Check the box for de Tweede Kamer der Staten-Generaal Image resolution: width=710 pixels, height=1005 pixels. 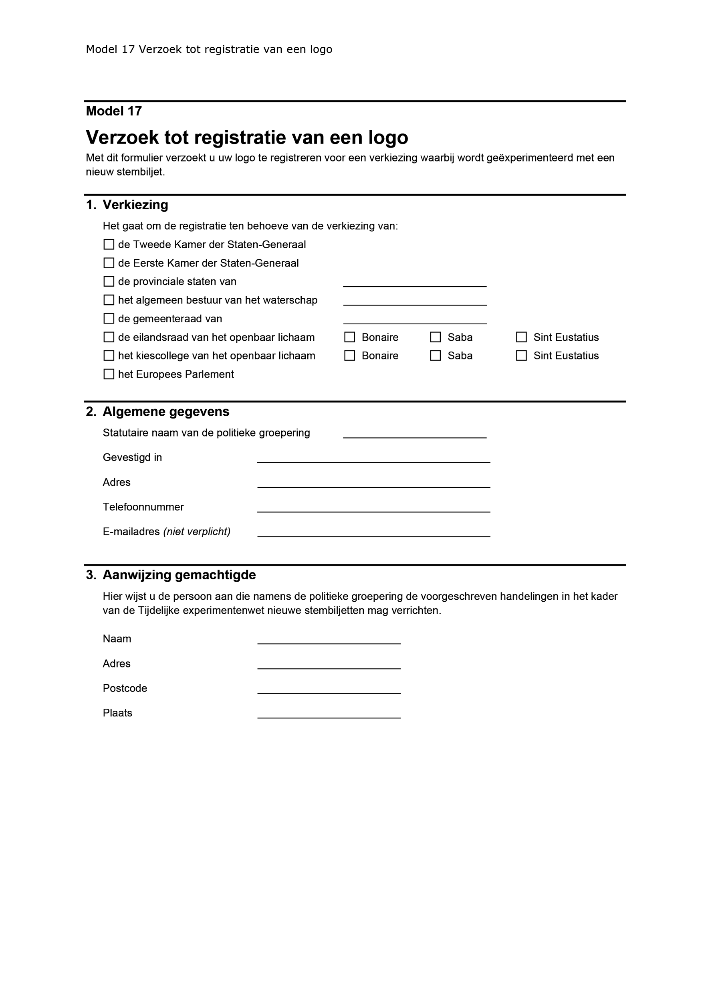[109, 244]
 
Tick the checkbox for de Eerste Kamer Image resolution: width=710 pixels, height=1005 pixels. [109, 263]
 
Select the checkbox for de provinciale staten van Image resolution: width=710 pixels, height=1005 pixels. [109, 281]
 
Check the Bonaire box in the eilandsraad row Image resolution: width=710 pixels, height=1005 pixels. [349, 337]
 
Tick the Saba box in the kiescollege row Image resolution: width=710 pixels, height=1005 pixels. [435, 356]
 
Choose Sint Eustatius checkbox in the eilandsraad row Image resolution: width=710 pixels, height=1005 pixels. [521, 337]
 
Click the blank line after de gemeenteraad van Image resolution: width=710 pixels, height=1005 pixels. [415, 319]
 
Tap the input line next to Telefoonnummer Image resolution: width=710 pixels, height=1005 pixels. [373, 508]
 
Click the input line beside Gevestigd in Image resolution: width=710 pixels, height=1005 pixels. [373, 458]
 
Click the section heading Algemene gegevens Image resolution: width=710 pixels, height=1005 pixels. [166, 411]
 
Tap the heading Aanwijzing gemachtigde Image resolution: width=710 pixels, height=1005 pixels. [179, 575]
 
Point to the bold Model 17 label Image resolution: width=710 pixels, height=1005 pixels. [114, 111]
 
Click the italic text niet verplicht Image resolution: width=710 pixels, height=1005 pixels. [197, 532]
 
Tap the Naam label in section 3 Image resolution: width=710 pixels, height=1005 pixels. [117, 639]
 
